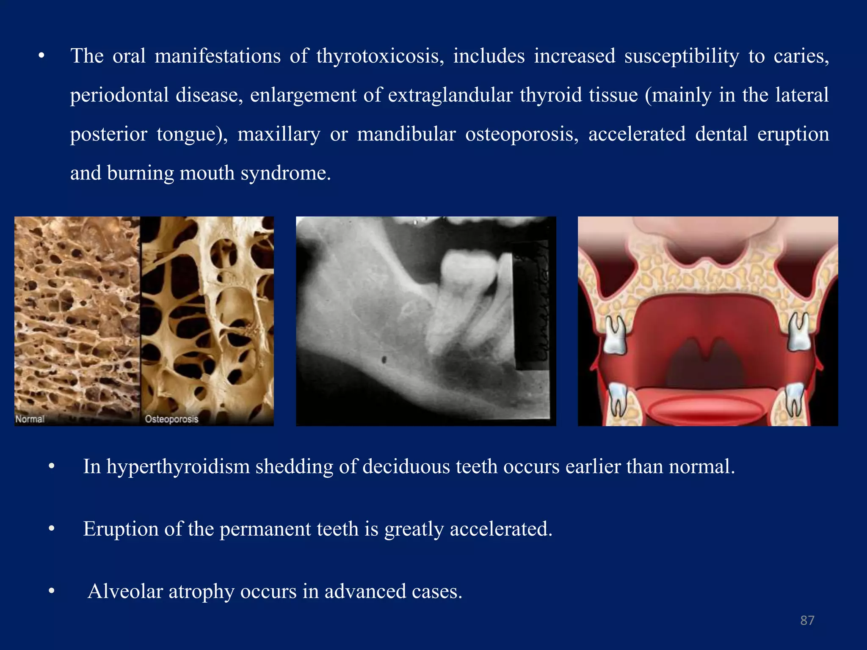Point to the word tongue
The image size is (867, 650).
click(x=189, y=135)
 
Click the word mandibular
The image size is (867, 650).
click(x=406, y=135)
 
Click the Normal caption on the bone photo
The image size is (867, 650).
click(x=30, y=419)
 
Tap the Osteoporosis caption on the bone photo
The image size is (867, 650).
click(x=171, y=419)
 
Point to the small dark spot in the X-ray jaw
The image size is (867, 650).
click(x=384, y=360)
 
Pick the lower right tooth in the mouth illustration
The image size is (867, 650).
click(x=794, y=400)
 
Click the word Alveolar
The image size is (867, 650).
click(x=125, y=592)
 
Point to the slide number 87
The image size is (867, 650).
click(x=807, y=620)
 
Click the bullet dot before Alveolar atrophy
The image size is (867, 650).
click(x=52, y=592)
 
